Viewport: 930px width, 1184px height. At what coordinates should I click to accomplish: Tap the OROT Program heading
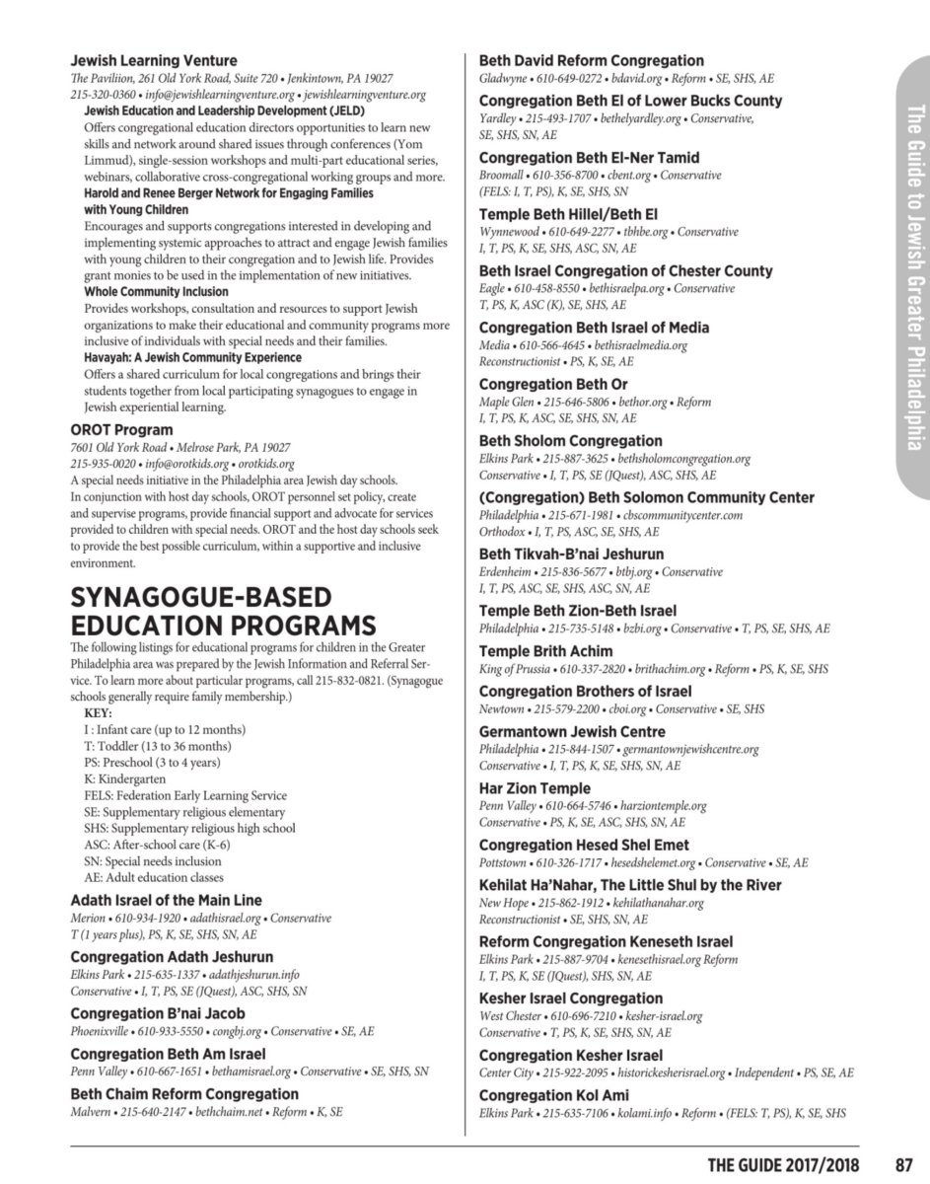point(121,430)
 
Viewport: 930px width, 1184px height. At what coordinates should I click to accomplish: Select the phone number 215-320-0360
point(106,95)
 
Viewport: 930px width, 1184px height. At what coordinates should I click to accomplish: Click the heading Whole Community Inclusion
point(156,292)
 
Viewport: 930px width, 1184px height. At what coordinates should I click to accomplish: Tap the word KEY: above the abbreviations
point(99,713)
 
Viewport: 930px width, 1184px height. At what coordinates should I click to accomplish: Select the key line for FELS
point(185,795)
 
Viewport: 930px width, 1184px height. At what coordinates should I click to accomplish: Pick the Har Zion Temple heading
point(535,788)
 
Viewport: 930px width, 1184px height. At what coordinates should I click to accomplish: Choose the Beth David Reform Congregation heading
point(591,60)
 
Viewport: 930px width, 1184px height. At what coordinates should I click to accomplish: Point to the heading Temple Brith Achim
point(545,651)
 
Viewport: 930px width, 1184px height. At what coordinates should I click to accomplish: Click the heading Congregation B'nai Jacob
point(158,1013)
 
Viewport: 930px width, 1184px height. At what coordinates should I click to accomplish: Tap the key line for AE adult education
point(154,877)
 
